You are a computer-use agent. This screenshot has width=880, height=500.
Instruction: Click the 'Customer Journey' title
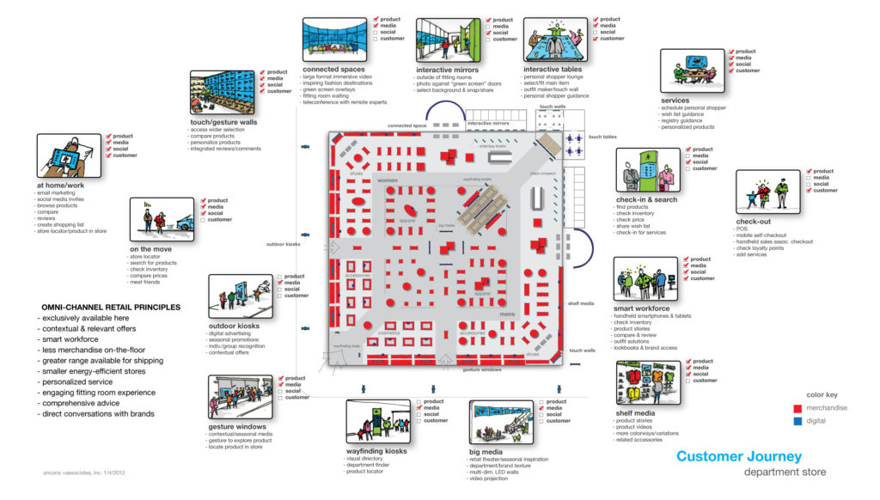739,456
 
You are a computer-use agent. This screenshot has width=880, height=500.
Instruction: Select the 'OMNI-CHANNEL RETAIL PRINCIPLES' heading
110,307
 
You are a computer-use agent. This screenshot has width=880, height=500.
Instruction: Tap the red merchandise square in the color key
799,408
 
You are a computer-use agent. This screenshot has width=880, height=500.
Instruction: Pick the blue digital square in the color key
799,421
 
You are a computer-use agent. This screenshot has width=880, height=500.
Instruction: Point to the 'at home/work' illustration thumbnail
69,155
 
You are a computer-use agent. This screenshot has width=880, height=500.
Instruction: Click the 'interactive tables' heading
553,70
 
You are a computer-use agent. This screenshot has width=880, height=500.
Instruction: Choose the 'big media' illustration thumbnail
503,423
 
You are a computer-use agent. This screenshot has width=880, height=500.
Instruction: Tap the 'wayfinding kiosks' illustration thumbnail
379,422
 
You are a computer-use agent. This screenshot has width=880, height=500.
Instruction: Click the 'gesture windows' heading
236,426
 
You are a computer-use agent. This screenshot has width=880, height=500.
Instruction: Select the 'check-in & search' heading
646,199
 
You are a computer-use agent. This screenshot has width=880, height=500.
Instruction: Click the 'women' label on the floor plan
388,180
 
